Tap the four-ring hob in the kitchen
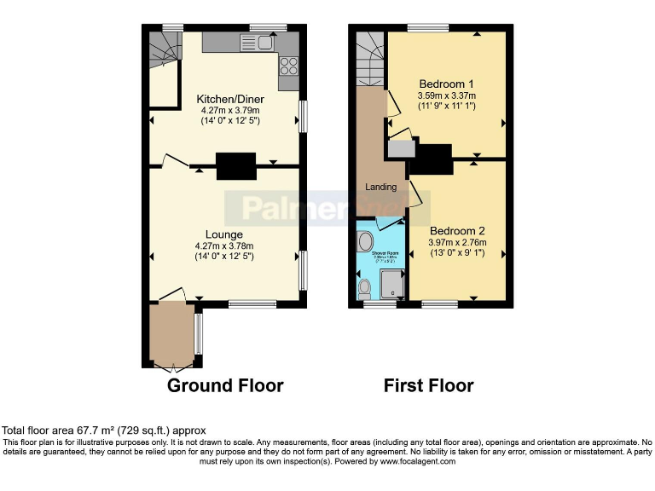288,64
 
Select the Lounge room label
223,234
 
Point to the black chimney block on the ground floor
235,165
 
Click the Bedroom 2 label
457,231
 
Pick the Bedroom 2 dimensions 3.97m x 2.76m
458,243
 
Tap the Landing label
381,187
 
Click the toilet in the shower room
364,286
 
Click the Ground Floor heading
225,386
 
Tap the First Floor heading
428,386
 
